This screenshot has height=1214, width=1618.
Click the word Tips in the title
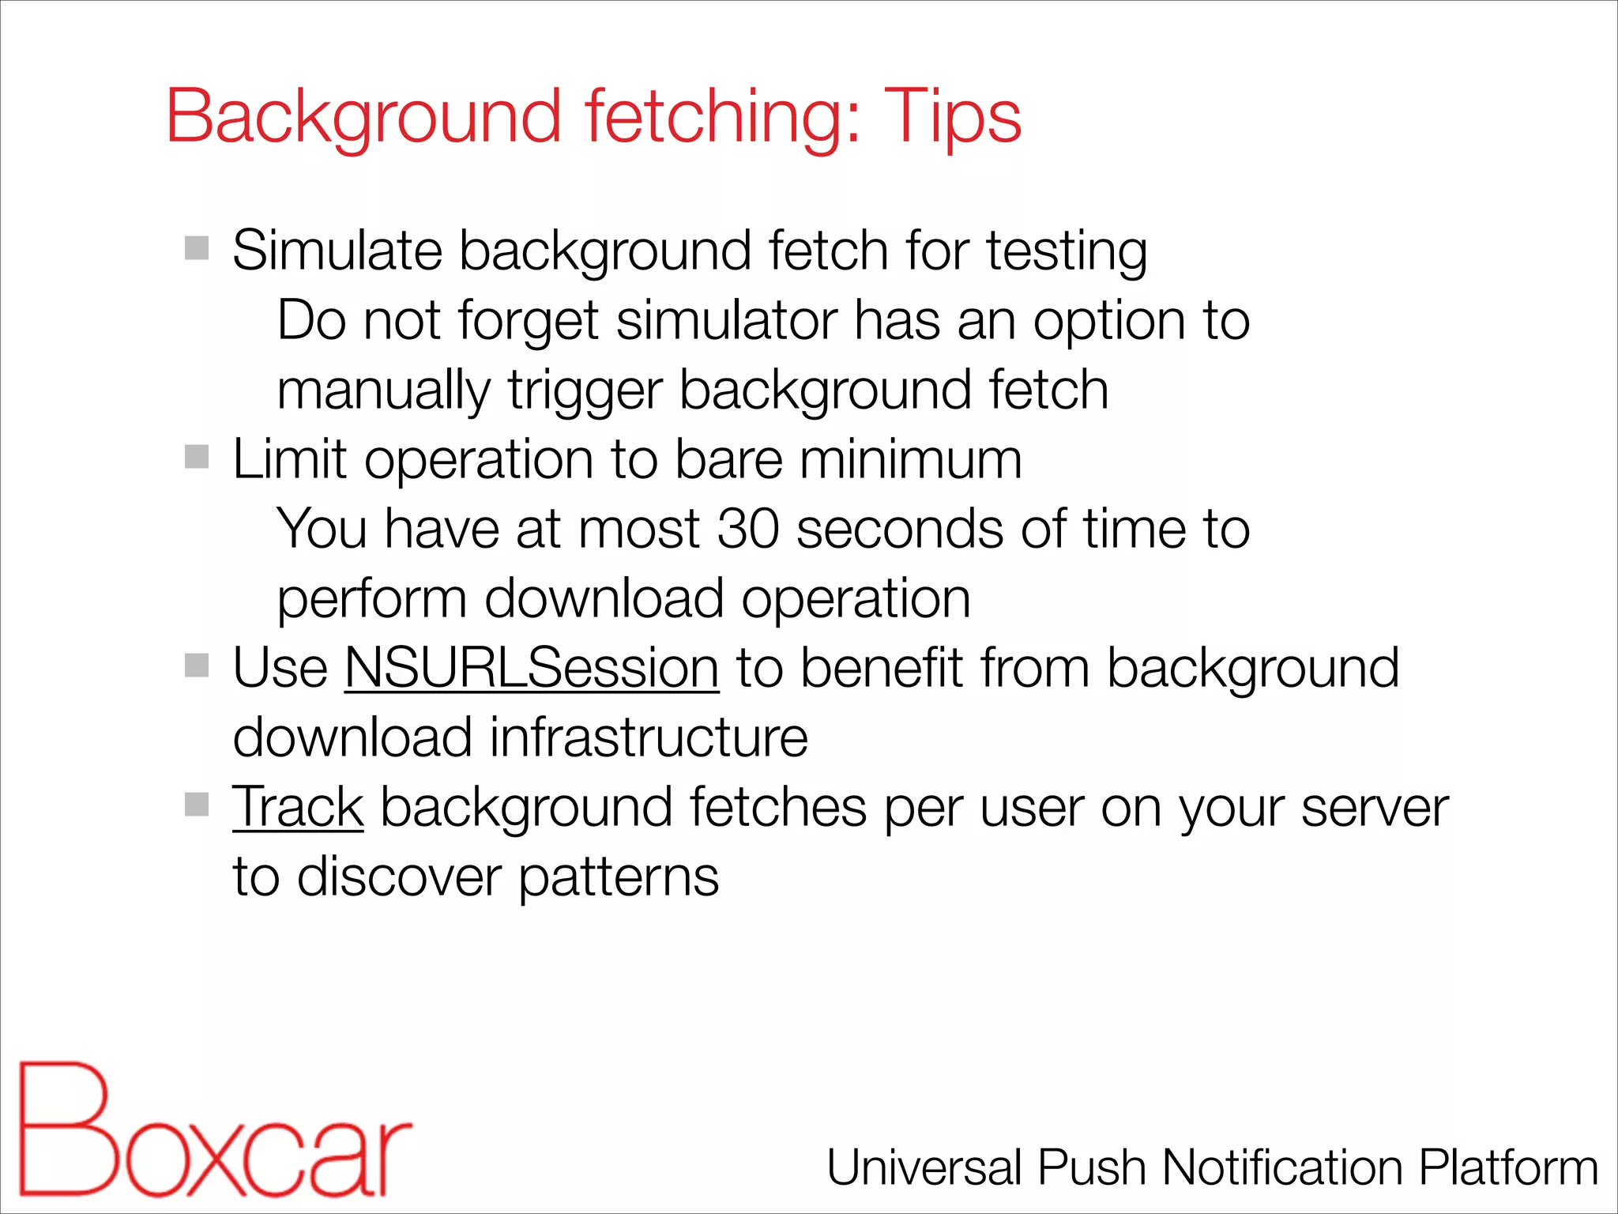[x=952, y=117]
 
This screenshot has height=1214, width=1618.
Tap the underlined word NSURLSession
[x=532, y=669]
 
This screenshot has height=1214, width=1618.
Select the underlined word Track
[x=298, y=808]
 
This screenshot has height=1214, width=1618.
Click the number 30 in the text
[x=748, y=529]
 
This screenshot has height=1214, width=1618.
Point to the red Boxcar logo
[x=213, y=1130]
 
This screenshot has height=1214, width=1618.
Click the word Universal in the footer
[x=924, y=1168]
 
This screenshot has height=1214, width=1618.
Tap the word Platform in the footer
[x=1508, y=1168]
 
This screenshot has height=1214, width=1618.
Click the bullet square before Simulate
[x=197, y=248]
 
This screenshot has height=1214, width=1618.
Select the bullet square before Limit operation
[x=197, y=457]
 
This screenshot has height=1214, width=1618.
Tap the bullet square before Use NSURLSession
[x=197, y=665]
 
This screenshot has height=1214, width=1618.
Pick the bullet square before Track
[x=197, y=805]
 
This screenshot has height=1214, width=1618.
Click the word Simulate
[x=337, y=251]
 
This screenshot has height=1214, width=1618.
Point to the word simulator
[x=726, y=322]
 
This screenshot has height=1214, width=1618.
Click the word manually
[x=384, y=391]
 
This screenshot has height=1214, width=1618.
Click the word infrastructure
[x=649, y=738]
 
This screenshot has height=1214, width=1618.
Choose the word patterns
[x=619, y=877]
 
